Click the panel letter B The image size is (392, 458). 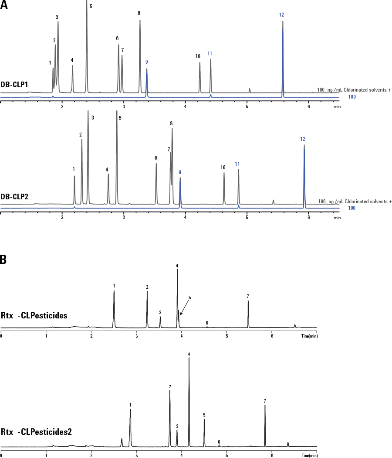pos(3,259)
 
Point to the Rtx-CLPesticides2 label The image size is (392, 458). pos(37,432)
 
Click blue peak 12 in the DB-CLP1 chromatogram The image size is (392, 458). pos(283,57)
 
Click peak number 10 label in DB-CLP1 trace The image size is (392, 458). pos(198,56)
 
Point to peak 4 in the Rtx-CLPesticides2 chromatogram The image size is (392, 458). pos(189,401)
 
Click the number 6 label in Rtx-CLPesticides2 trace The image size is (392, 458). pos(219,442)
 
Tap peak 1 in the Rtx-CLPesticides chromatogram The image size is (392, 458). pos(114,308)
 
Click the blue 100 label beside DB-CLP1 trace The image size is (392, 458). pos(352,97)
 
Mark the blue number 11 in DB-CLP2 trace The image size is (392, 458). pos(237,164)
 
